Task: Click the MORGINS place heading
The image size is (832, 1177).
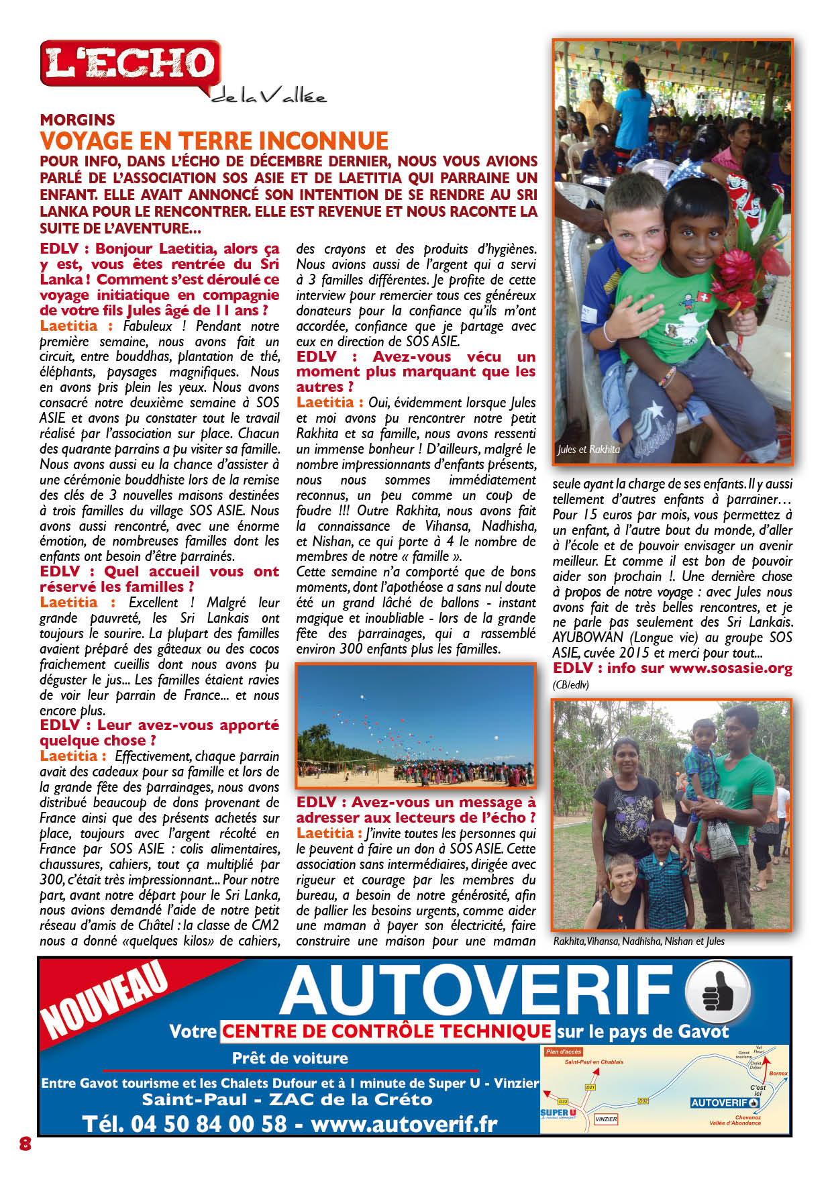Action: pos(77,120)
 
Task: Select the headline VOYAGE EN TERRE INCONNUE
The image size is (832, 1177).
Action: pos(214,141)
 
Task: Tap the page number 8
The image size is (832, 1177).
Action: pos(25,1143)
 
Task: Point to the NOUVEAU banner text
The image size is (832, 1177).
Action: pos(104,1000)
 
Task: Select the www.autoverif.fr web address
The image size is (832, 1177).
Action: pos(404,1123)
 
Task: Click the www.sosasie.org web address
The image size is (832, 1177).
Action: pos(731,668)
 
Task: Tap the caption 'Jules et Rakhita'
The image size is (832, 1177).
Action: pos(588,450)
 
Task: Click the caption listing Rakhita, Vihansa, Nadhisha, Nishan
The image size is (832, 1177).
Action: pos(639,941)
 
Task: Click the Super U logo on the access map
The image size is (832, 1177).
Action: pos(558,1113)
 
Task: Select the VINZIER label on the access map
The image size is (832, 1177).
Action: pos(605,1119)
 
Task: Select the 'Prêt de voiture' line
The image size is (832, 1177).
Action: pos(290,1058)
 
